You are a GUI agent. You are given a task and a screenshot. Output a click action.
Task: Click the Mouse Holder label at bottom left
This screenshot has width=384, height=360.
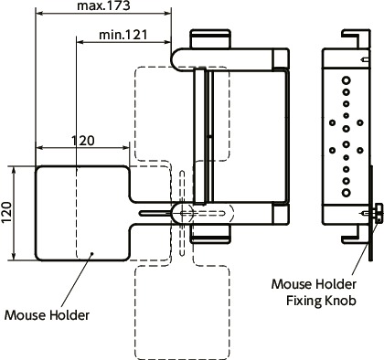[x=47, y=314]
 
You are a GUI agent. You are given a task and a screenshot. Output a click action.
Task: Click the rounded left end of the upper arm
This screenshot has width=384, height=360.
[x=181, y=56]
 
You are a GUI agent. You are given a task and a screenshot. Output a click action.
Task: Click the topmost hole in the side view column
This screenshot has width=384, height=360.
[x=347, y=81]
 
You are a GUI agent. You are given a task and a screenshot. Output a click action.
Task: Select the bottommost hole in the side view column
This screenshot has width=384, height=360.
[x=347, y=195]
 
